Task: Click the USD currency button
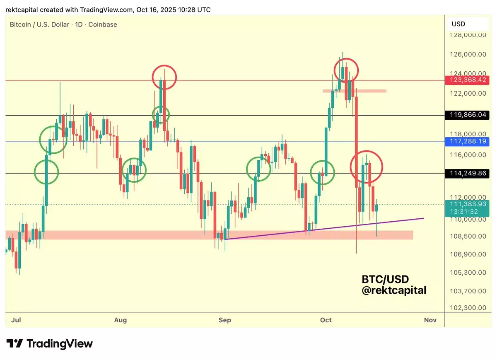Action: point(458,24)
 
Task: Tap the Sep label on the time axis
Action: point(225,320)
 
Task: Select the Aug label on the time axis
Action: point(120,320)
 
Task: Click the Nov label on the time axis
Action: point(430,320)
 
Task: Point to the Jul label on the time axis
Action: point(17,320)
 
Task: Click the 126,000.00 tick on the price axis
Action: point(468,54)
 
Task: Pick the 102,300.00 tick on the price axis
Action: point(468,308)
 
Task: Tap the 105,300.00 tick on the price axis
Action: point(468,273)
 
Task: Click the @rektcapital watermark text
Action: point(394,290)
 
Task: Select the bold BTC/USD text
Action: point(385,279)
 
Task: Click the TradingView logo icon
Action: point(14,343)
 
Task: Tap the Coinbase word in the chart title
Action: point(104,24)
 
